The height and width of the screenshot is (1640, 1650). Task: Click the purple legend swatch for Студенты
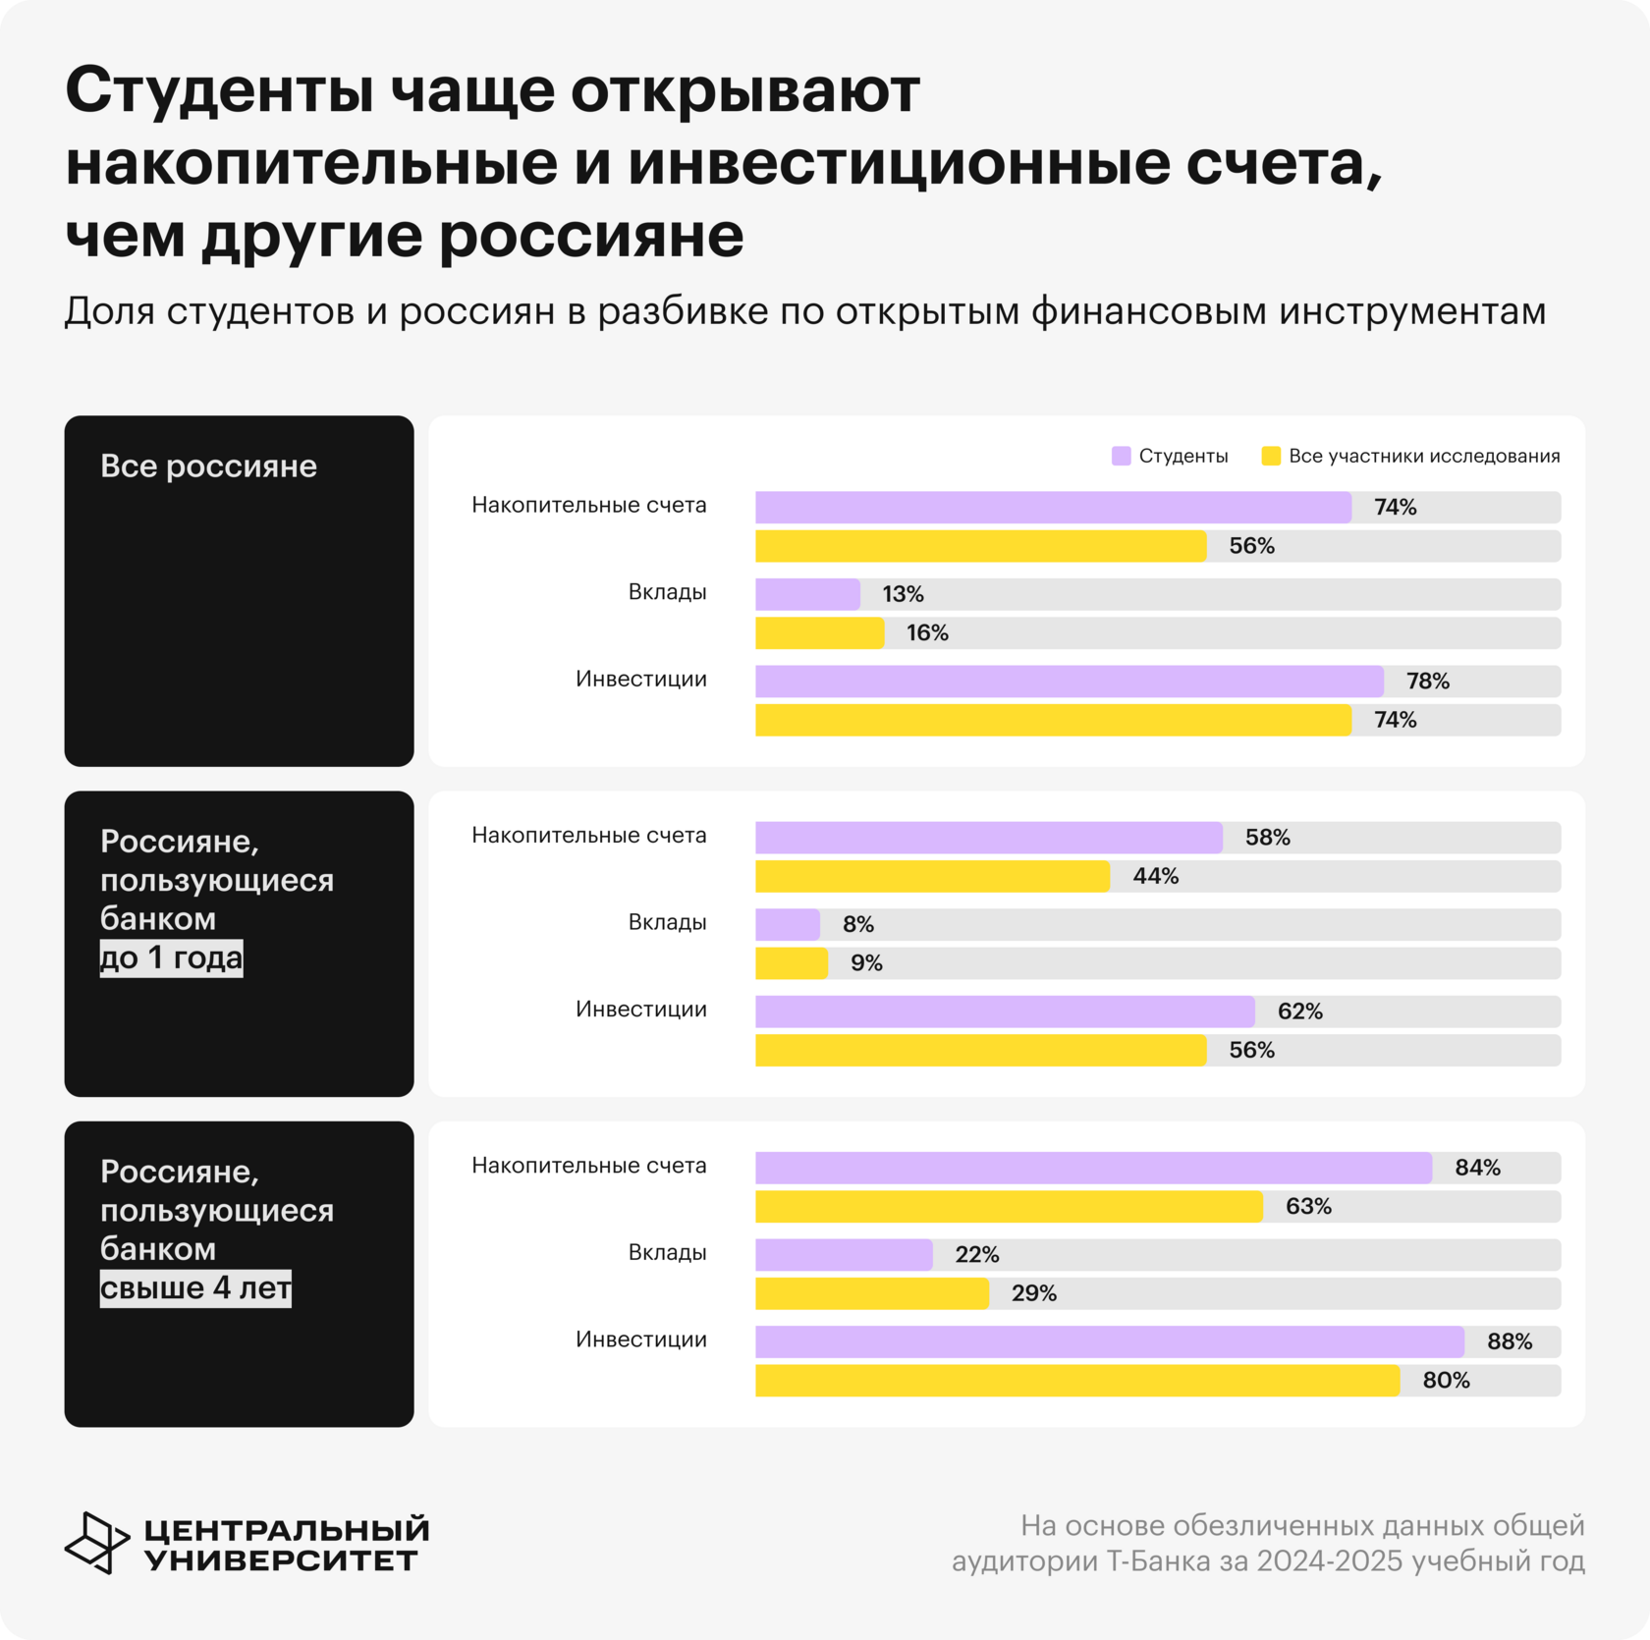1121,456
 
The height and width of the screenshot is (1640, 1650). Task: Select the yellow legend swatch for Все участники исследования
1271,456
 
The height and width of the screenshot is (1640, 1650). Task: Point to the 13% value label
903,594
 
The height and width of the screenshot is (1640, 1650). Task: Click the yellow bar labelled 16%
819,632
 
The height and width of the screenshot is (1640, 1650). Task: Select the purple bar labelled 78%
1069,681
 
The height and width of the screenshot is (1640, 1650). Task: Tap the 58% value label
1267,838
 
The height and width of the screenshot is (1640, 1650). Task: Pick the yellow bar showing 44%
932,876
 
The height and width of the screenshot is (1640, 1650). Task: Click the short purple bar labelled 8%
787,924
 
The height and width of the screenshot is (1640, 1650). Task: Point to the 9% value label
866,963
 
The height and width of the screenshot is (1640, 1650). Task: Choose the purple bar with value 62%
1004,1011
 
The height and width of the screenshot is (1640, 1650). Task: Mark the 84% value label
1477,1168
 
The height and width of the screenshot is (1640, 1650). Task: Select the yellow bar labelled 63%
1009,1206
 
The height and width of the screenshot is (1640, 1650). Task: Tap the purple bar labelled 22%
844,1254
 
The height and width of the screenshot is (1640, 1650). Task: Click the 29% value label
1034,1293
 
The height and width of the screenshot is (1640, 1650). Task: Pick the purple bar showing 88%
1109,1341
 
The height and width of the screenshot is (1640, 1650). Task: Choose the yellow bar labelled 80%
1076,1380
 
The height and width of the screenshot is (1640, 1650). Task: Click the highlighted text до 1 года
171,957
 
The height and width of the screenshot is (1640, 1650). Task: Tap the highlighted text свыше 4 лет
195,1287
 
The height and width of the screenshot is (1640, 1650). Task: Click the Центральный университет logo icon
96,1542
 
